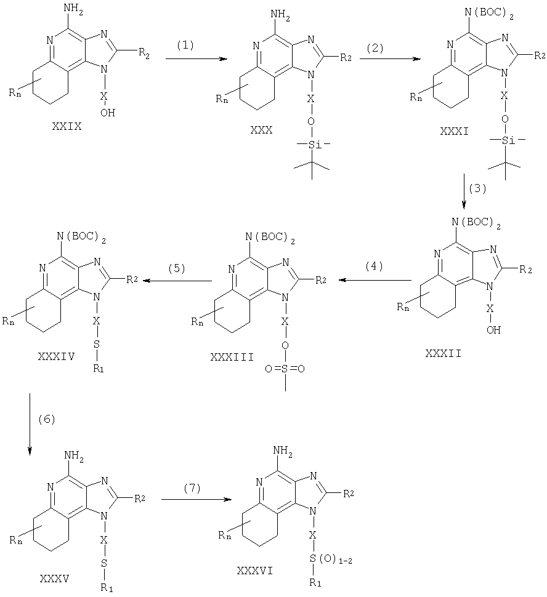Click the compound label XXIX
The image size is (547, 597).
point(67,126)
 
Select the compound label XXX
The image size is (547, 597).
point(262,130)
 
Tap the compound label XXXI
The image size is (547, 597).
point(455,131)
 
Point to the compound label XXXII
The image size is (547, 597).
point(444,354)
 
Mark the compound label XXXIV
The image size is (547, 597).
point(56,356)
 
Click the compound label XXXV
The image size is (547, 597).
point(54,579)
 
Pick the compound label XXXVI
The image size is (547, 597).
point(255,571)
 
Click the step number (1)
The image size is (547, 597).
point(185,46)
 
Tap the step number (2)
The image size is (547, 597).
point(375,49)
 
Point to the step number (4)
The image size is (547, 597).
point(374,266)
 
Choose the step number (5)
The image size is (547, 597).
point(177,269)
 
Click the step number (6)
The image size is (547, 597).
point(47,420)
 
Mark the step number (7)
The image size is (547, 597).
point(192,489)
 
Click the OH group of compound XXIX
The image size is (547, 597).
point(108,112)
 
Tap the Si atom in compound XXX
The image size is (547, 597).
point(312,145)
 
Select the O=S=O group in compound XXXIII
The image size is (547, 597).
point(285,369)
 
